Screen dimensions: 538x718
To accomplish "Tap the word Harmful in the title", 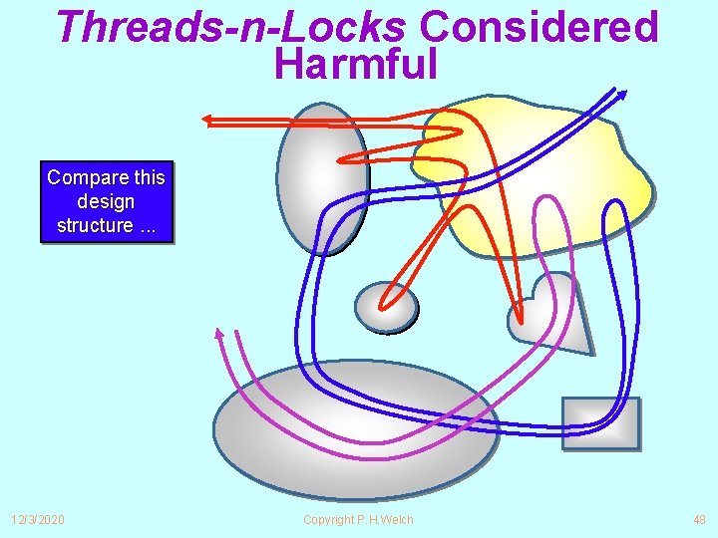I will pyautogui.click(x=356, y=64).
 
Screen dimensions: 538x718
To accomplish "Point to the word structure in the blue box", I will pyautogui.click(x=94, y=225).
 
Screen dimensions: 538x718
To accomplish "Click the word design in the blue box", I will pyautogui.click(x=106, y=201).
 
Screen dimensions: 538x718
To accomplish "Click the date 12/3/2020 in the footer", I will pyautogui.click(x=38, y=520).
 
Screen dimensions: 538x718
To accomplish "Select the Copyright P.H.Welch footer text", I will pyautogui.click(x=358, y=520).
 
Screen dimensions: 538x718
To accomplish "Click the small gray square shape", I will pyautogui.click(x=600, y=423).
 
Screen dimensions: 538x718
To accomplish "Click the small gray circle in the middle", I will pyautogui.click(x=386, y=307).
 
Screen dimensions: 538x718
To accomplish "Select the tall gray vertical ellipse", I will pyautogui.click(x=321, y=179).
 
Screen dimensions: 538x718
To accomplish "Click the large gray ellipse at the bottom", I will pyautogui.click(x=354, y=428).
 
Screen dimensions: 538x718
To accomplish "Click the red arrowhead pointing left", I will pyautogui.click(x=208, y=121).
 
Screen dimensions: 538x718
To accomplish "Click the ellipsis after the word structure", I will pyautogui.click(x=149, y=226).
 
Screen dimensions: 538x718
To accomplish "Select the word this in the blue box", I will pyautogui.click(x=149, y=177).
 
